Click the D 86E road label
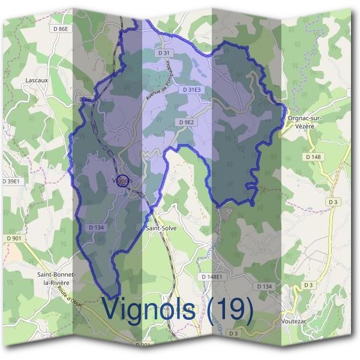61,28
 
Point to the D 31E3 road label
191,90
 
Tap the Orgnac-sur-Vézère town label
305,122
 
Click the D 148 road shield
313,157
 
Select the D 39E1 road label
11,181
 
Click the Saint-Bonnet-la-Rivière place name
54,278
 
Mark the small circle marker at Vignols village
122,180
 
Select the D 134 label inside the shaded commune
96,227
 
